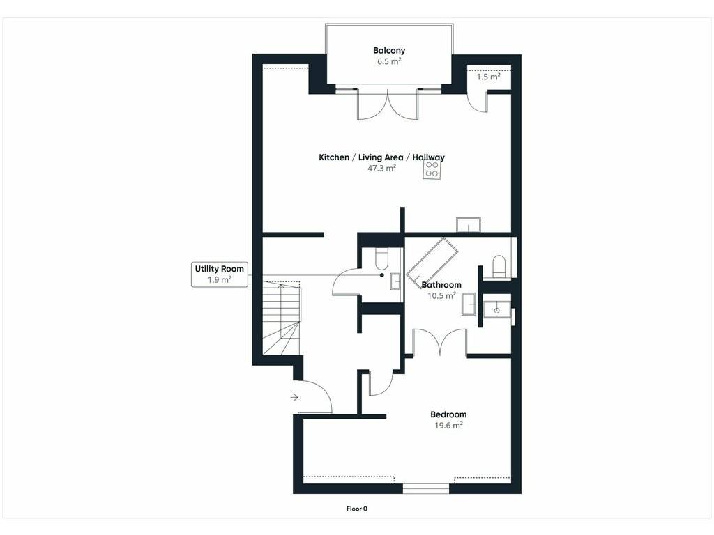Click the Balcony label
(389, 50)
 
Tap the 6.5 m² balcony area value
(389, 61)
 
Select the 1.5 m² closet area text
(488, 77)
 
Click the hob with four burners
(432, 170)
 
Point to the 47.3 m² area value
(381, 169)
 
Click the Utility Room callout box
(220, 274)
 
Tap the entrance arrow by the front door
(294, 398)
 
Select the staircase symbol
(282, 318)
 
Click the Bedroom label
(448, 414)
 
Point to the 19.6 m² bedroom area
(448, 426)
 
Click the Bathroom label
(441, 285)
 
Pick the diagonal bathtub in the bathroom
(432, 263)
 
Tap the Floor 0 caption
(356, 509)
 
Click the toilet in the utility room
(380, 258)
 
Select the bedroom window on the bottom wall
(426, 488)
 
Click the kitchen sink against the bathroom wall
(469, 225)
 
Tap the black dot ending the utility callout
(381, 275)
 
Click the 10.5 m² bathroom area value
(441, 295)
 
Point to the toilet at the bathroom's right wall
(499, 266)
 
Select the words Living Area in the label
(381, 157)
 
